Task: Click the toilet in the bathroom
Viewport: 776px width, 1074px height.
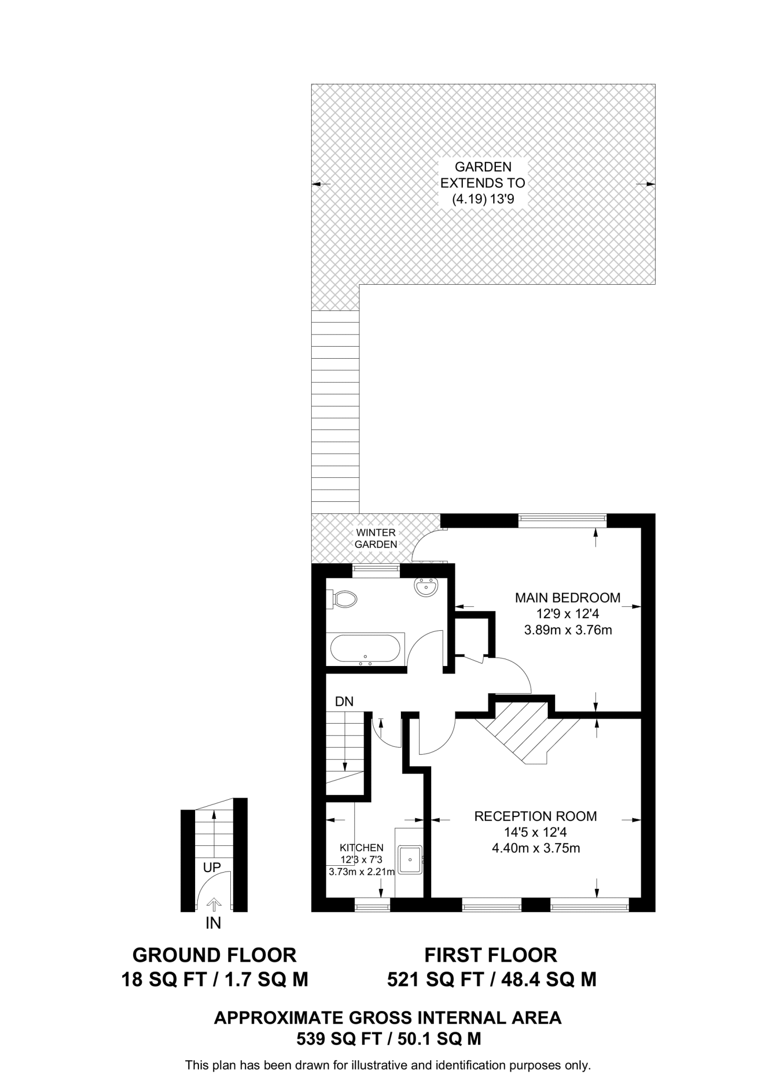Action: [x=343, y=598]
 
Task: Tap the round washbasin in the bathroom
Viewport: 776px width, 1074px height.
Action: [x=426, y=587]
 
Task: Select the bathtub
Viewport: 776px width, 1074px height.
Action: [x=365, y=649]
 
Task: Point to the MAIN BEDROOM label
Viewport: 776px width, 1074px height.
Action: [x=568, y=597]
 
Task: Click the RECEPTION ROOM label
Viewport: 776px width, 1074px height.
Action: [x=535, y=816]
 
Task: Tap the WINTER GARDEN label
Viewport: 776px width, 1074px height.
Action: [x=376, y=539]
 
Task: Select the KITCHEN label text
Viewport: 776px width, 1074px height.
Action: [x=362, y=847]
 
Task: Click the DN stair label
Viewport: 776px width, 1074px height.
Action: [x=344, y=702]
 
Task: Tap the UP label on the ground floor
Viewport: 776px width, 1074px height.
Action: [x=212, y=868]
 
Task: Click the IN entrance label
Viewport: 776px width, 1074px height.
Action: [x=213, y=923]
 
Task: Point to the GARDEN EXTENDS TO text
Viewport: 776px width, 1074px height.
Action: [x=483, y=175]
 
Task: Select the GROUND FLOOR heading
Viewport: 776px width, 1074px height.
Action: [x=214, y=955]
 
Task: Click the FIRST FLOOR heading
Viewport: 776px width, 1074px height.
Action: [x=491, y=955]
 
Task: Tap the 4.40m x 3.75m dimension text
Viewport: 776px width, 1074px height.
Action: [x=536, y=848]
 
